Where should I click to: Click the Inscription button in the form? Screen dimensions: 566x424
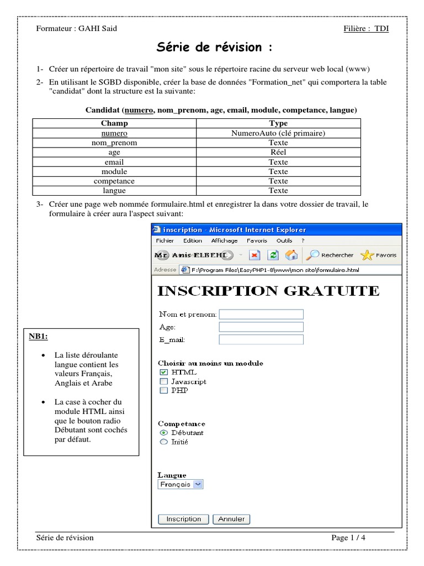coord(183,519)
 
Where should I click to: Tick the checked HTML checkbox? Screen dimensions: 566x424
coord(163,373)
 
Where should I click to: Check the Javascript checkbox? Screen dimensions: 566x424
coord(163,381)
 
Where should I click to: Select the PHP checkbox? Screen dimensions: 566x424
coord(163,390)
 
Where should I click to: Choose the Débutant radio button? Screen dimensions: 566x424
coord(163,433)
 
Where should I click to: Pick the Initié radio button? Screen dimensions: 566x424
coord(163,442)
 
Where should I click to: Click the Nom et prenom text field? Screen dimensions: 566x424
coord(261,315)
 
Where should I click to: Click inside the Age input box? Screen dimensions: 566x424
coord(261,327)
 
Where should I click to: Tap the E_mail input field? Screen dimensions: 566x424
coord(261,339)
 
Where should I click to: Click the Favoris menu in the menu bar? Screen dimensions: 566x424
coord(257,241)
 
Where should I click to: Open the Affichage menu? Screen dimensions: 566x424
coord(224,241)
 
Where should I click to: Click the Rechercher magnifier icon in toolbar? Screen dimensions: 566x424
coord(312,255)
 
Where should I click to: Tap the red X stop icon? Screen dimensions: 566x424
coord(255,255)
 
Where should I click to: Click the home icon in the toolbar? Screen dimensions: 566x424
coord(291,255)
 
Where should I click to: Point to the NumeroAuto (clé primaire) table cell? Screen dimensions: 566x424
coord(278,133)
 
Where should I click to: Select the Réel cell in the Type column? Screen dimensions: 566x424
coord(278,153)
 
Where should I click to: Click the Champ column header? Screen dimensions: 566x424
coord(114,123)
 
